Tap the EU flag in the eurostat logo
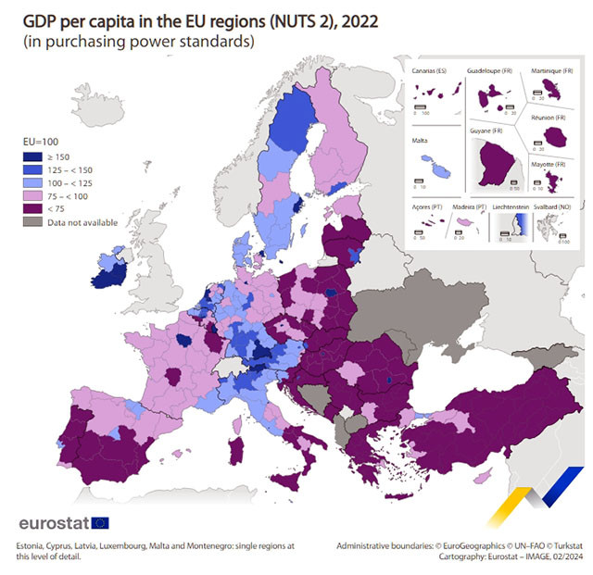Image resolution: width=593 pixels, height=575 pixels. tap(100, 523)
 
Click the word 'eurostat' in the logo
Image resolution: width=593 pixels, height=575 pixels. tap(54, 523)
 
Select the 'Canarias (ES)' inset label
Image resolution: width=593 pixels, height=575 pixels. tap(432, 70)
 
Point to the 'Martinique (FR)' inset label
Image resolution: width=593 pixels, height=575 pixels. tap(552, 70)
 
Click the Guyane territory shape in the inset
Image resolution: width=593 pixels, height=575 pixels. tap(494, 166)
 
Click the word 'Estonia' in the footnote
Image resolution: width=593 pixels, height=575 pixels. tap(31, 545)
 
